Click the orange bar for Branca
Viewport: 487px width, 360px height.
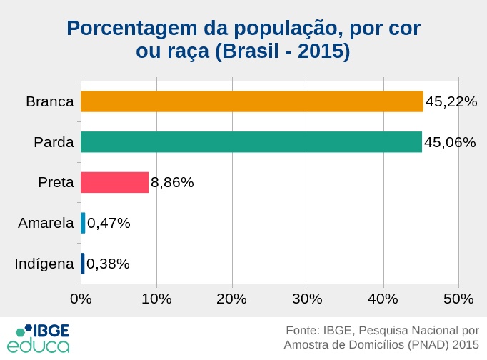pos(251,101)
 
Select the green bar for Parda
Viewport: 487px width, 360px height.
pos(251,142)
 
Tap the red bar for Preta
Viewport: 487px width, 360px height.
pos(114,182)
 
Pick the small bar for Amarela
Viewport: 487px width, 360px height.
pos(83,223)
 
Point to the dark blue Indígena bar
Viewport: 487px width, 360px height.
pos(82,264)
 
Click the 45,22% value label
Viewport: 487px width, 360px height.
pos(451,101)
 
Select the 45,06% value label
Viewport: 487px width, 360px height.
pos(450,142)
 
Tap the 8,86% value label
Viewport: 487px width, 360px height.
pos(172,182)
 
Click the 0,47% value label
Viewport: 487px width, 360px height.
pos(109,223)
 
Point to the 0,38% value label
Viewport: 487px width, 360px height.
pos(108,264)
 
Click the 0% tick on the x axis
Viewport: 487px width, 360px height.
pos(81,298)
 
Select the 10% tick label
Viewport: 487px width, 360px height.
pos(156,298)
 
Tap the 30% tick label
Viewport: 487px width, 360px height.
pos(308,298)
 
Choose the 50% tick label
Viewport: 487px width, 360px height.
pos(458,298)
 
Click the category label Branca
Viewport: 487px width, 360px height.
pos(50,101)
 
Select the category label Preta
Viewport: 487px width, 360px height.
pos(56,182)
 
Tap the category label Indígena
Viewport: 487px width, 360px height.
pos(44,264)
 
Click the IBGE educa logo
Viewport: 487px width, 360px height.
pos(43,339)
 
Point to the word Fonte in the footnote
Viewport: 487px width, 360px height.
pos(301,331)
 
